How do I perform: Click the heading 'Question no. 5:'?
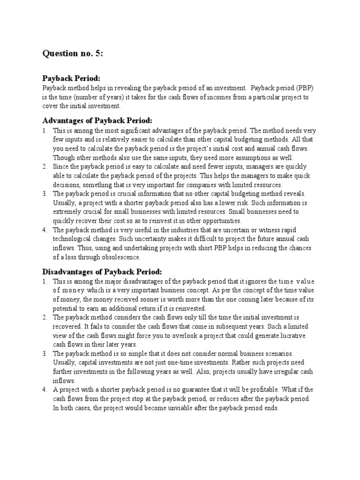click(x=73, y=54)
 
